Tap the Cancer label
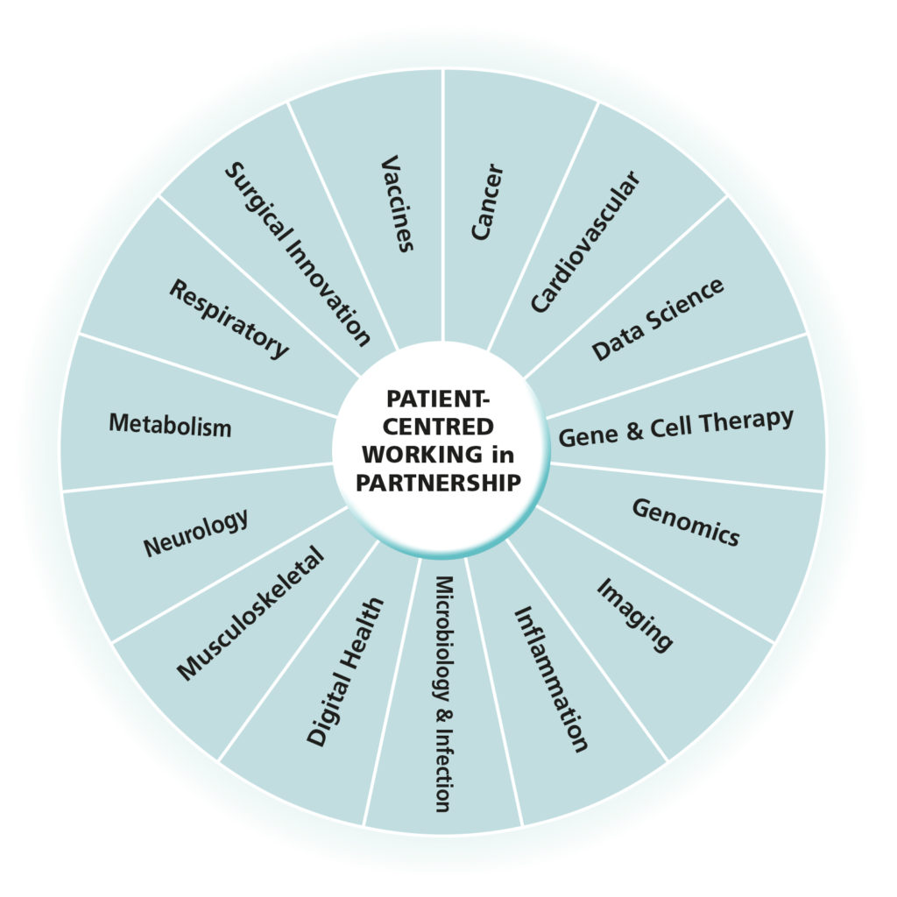tap(487, 201)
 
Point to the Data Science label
tap(658, 320)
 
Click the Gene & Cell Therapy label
tap(675, 427)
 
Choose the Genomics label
tap(686, 522)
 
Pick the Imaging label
tap(635, 614)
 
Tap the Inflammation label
tap(550, 679)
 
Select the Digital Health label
tap(345, 672)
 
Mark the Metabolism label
tap(170, 425)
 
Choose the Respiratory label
tap(229, 319)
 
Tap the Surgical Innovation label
tap(298, 253)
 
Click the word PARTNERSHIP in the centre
tap(442, 482)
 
